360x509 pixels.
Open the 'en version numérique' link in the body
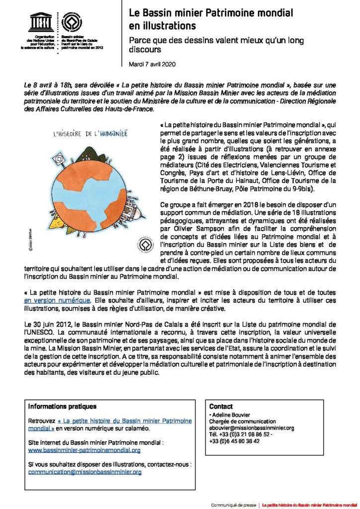point(58,301)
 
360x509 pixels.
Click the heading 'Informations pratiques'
point(62,406)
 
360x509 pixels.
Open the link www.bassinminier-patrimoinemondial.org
point(85,450)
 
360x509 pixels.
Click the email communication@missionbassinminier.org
point(85,472)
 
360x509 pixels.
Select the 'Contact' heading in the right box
point(221,406)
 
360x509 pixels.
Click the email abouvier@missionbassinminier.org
point(252,427)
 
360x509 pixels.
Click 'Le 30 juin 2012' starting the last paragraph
point(47,324)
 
